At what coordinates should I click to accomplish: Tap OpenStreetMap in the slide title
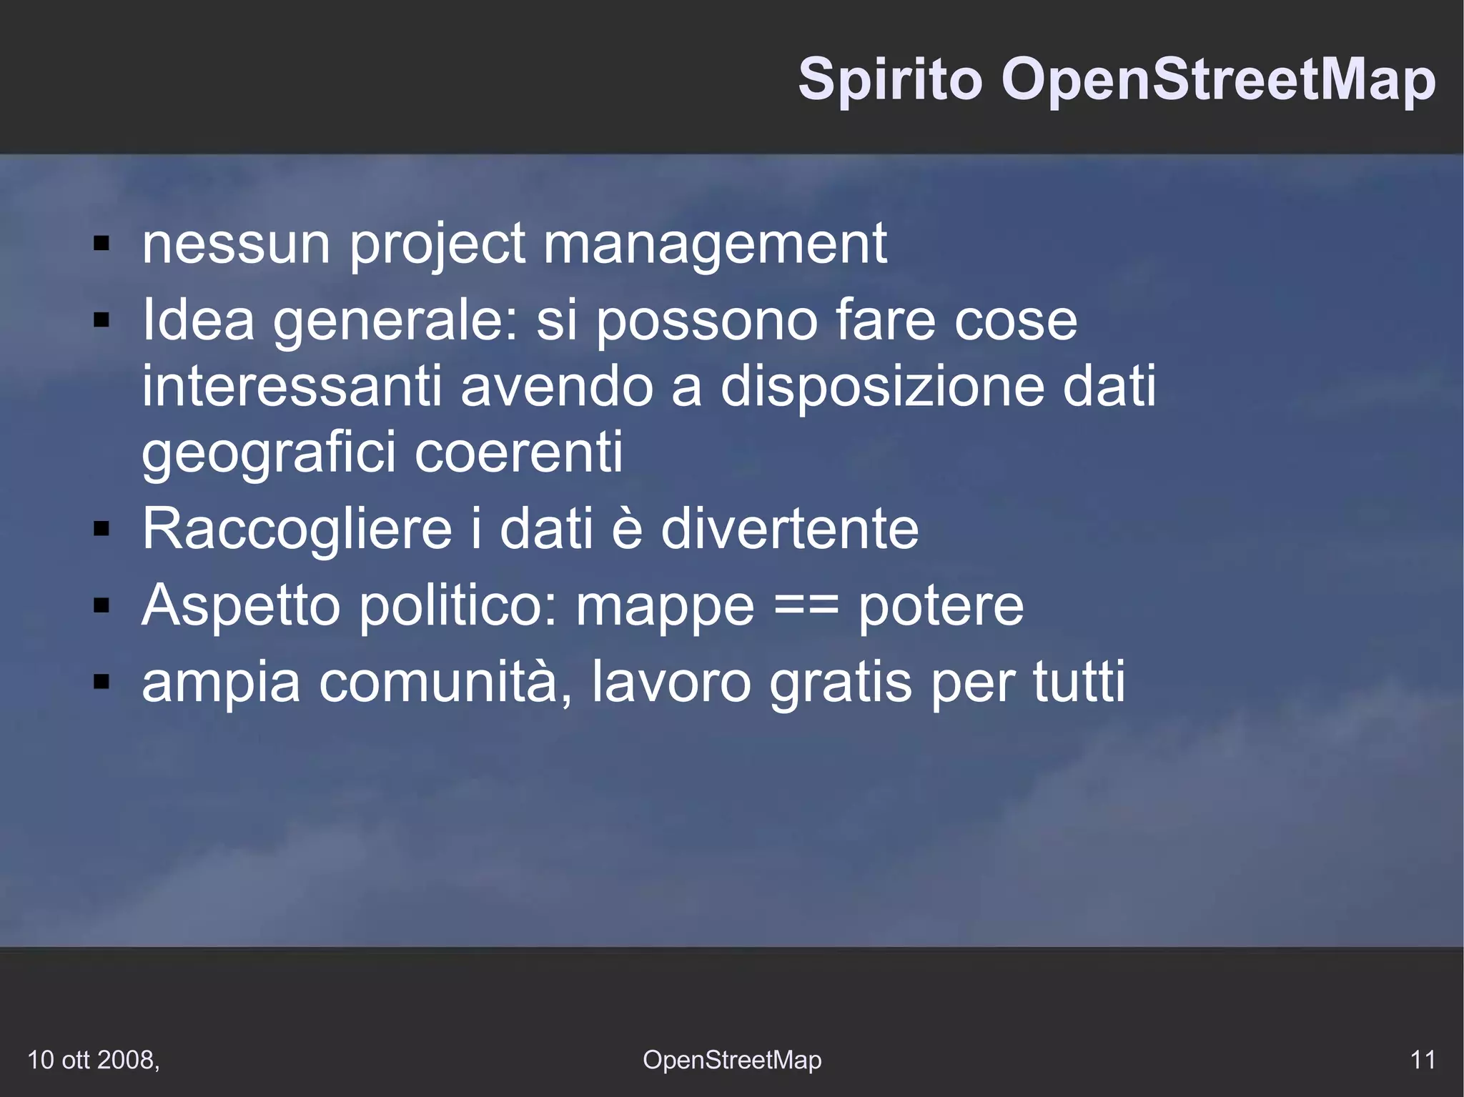coord(1218,80)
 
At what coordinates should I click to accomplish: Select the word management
coord(715,244)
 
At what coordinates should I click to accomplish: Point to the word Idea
coord(198,320)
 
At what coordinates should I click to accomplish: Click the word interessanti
coord(292,387)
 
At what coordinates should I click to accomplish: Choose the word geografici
coord(269,453)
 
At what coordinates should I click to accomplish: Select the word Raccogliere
coord(297,530)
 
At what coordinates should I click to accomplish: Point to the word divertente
coord(790,530)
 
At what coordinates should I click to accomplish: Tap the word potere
coord(941,606)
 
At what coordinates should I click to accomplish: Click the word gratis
coord(841,683)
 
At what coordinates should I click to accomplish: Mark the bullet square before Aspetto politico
coord(102,606)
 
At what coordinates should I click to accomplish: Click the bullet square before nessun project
coord(102,244)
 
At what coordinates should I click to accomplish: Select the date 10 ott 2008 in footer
coord(93,1060)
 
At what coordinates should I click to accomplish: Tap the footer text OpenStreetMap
coord(732,1060)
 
